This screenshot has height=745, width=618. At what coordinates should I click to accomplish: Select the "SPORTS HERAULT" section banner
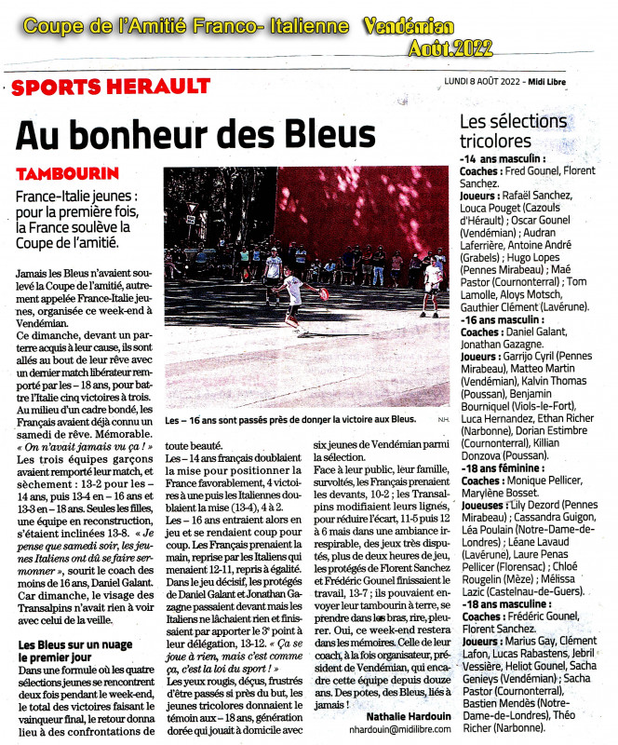point(112,87)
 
